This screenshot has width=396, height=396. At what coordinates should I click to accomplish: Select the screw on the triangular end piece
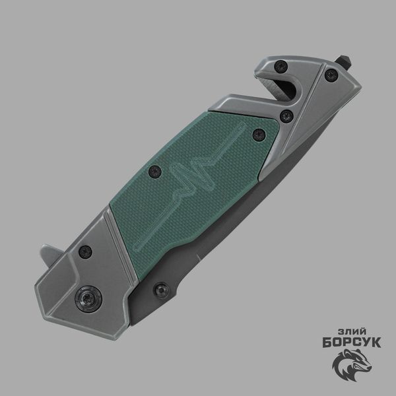coord(331,75)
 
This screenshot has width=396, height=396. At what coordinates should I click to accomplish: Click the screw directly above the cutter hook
coord(281,67)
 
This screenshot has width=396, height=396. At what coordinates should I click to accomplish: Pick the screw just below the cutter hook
coord(286,116)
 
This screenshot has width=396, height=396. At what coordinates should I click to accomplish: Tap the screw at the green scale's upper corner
coord(259,135)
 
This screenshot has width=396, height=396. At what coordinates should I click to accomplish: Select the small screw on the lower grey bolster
coord(85,252)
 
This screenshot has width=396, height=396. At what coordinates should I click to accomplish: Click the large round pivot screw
coord(88,299)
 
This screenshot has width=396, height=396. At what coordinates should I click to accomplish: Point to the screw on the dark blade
coord(161,290)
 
